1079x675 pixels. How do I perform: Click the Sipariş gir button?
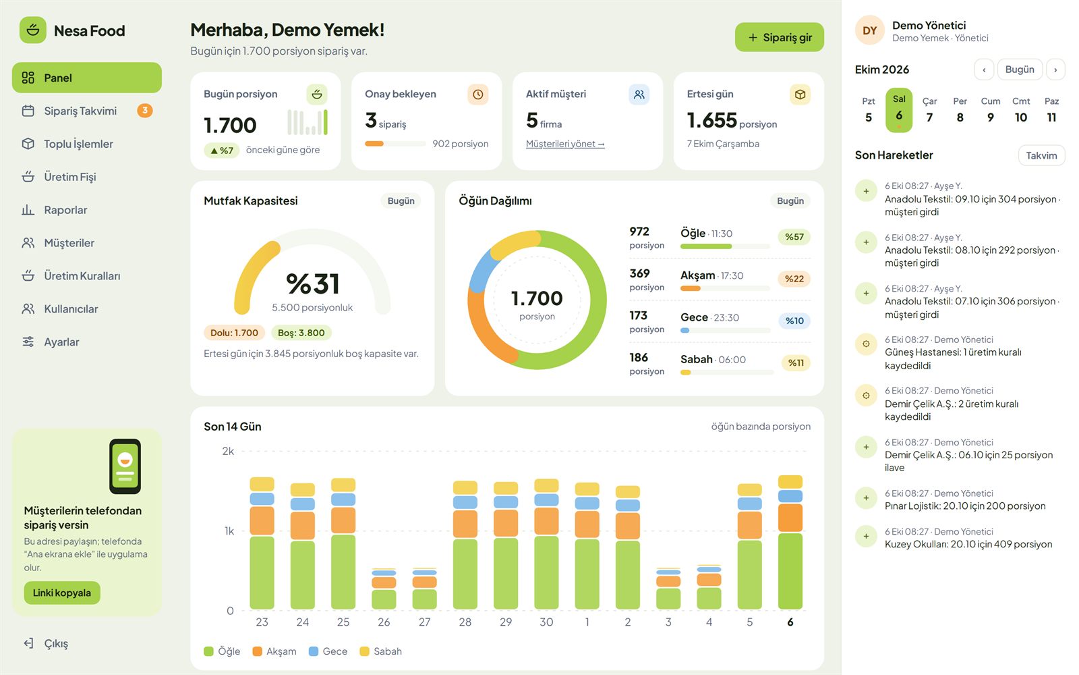[779, 37]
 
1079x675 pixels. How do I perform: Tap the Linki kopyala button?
[62, 593]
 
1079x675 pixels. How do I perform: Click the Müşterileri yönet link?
[565, 144]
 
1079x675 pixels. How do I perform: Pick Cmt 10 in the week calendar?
[1021, 110]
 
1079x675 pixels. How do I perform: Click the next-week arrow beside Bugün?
[1055, 70]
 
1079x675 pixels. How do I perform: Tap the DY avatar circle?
[869, 30]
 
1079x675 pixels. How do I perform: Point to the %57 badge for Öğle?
[794, 237]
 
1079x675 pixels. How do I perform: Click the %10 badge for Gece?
[794, 321]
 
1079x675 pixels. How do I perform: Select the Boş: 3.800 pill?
[301, 333]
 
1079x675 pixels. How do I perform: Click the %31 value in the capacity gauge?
[313, 283]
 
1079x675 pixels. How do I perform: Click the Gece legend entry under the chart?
[328, 651]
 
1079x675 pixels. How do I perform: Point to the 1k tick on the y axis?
[229, 531]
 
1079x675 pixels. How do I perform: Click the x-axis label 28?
[465, 622]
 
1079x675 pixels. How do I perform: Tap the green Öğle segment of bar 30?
[546, 572]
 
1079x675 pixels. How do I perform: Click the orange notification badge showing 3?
[144, 111]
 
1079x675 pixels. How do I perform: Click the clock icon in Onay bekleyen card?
[478, 94]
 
